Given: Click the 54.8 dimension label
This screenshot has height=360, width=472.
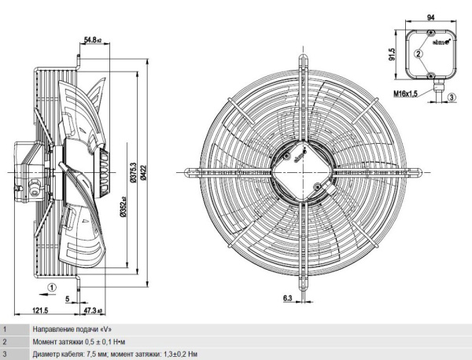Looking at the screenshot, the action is coord(93,39).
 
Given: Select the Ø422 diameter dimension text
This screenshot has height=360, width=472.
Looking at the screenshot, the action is coord(143,172).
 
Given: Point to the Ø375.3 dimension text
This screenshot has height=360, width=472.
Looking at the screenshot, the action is coord(133,172).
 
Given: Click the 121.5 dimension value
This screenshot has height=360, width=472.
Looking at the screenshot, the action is coord(40,310).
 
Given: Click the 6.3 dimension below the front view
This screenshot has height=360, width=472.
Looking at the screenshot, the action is coord(287,298).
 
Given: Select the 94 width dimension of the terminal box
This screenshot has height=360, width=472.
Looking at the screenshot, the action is coord(431,18).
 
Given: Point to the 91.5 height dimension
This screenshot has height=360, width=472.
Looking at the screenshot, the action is coord(391,54).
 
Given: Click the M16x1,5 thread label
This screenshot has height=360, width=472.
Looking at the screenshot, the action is coord(405,94).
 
